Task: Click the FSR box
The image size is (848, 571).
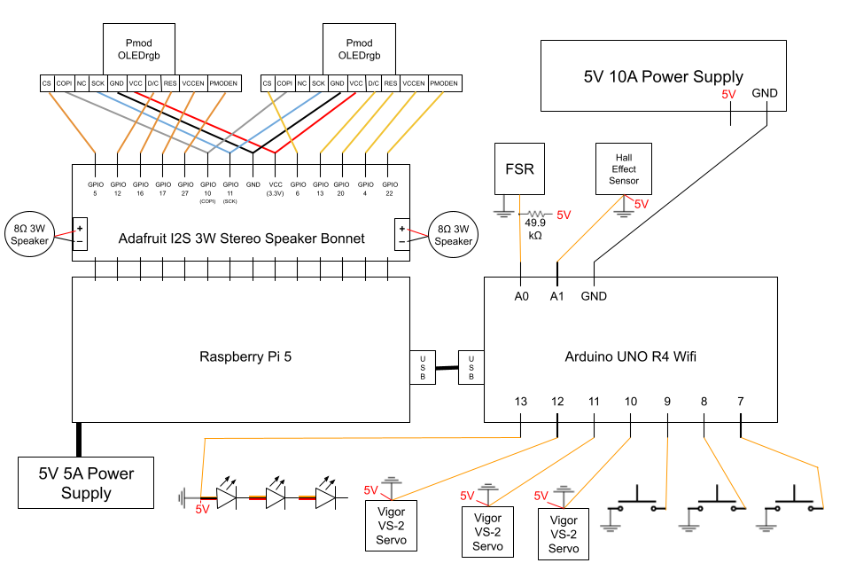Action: point(519,168)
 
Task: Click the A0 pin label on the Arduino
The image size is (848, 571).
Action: point(521,295)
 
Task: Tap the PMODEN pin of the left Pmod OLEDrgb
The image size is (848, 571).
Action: point(224,83)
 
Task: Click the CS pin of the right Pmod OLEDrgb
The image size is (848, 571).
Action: point(268,83)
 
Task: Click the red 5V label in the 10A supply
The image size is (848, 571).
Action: point(728,93)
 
